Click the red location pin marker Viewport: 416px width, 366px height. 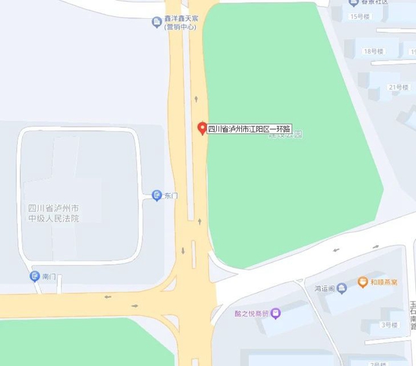201,128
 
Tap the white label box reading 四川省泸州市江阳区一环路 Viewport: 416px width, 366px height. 249,128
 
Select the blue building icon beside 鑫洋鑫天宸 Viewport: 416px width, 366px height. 157,23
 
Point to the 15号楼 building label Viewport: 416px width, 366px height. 360,17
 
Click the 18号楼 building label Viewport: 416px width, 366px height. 376,51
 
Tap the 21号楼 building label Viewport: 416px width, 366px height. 398,87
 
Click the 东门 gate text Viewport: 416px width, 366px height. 171,195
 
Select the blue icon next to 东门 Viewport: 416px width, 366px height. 157,195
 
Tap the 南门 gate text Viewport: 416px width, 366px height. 49,277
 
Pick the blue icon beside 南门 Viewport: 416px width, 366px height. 35,276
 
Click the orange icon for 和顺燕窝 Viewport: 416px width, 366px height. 363,282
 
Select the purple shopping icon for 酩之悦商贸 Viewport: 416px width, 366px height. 276,313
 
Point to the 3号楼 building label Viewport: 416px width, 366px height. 389,324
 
